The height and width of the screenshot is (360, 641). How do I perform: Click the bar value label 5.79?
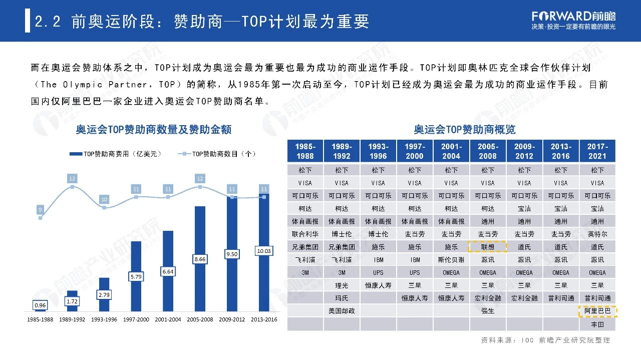pyautogui.click(x=136, y=276)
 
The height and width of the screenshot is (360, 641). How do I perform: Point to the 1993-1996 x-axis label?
pyautogui.click(x=104, y=319)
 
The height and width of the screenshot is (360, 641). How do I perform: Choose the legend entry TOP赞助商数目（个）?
pyautogui.click(x=217, y=154)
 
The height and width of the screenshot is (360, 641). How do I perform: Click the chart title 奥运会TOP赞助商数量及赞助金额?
pyautogui.click(x=154, y=130)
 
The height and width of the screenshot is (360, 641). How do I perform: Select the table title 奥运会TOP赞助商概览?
pyautogui.click(x=464, y=130)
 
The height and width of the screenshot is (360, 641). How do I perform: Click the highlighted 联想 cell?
pyautogui.click(x=487, y=247)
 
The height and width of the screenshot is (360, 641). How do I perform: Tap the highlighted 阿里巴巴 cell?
pyautogui.click(x=597, y=311)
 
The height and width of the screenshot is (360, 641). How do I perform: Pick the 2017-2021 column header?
pyautogui.click(x=597, y=151)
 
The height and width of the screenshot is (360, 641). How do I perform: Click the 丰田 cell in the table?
pyautogui.click(x=597, y=324)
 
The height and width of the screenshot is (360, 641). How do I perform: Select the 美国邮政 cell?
pyautogui.click(x=342, y=311)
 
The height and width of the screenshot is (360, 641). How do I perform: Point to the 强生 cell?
pyautogui.click(x=487, y=311)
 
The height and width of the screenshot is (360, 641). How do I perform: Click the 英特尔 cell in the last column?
pyautogui.click(x=597, y=234)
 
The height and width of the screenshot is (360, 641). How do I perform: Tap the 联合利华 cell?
pyautogui.click(x=305, y=234)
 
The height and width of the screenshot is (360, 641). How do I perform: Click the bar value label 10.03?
pyautogui.click(x=263, y=250)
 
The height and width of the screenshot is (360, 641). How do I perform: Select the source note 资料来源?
pyautogui.click(x=545, y=340)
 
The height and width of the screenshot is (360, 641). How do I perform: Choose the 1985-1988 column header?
pyautogui.click(x=305, y=151)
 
